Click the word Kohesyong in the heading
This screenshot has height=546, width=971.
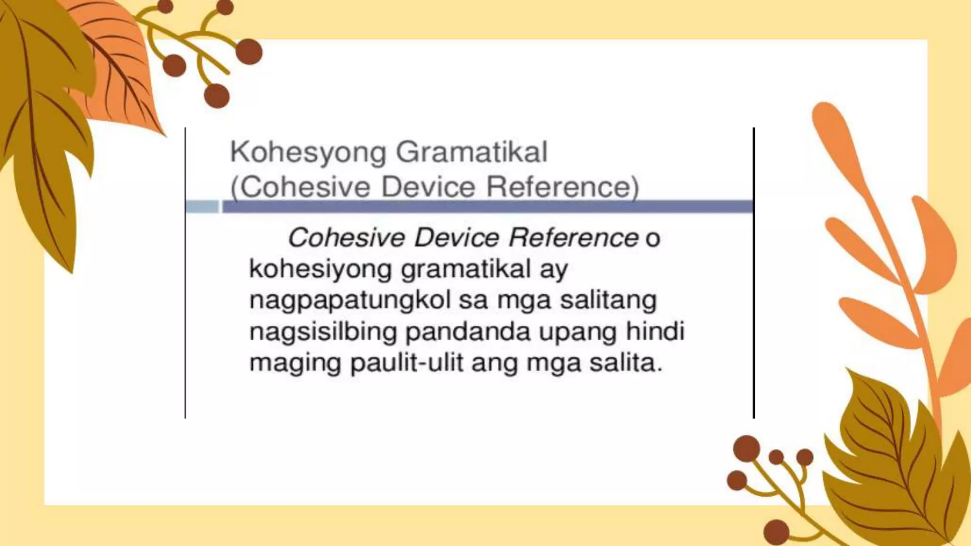(x=308, y=153)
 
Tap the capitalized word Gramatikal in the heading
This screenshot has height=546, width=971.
(x=471, y=153)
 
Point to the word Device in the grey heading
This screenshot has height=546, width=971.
(x=428, y=187)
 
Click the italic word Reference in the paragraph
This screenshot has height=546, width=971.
(x=573, y=237)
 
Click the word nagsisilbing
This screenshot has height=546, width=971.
(x=323, y=332)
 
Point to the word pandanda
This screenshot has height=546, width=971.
(x=467, y=332)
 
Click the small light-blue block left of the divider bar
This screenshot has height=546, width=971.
(x=202, y=207)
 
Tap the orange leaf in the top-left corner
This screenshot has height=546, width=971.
(x=114, y=62)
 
